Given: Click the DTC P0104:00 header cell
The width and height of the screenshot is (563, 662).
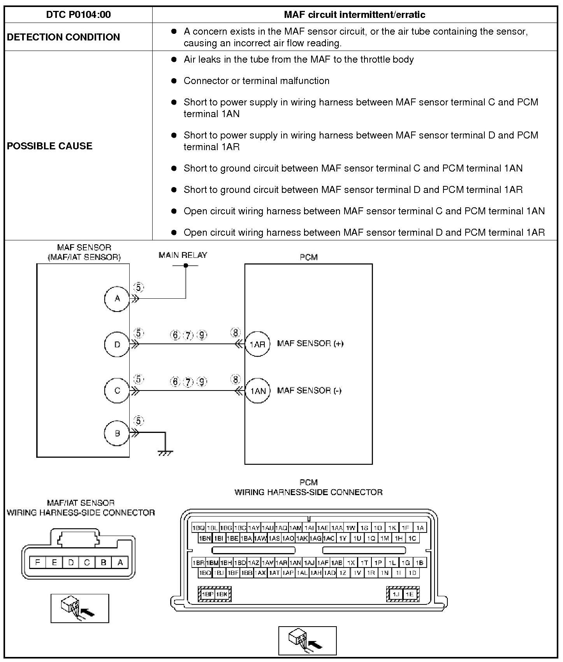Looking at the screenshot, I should click(78, 15).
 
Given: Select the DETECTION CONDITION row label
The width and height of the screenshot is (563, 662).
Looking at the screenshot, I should click(63, 37).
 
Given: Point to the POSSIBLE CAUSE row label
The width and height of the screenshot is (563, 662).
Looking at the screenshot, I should click(50, 146).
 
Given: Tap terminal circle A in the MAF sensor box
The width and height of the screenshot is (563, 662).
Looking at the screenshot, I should click(117, 299).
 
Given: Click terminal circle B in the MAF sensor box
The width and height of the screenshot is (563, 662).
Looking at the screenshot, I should click(117, 433).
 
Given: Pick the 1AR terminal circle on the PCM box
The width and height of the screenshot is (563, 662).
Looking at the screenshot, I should click(257, 344).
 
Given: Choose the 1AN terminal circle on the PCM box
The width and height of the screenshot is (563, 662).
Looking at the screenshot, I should click(257, 391).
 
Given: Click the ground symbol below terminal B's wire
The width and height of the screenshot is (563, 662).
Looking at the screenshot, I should click(165, 452).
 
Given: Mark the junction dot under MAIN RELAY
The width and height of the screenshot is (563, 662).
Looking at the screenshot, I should click(186, 266).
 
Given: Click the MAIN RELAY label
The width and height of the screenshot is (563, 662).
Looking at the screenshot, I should click(183, 255).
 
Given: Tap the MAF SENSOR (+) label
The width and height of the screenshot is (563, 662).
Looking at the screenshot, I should click(310, 343).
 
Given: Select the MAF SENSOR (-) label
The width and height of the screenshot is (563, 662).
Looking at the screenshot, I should click(309, 391).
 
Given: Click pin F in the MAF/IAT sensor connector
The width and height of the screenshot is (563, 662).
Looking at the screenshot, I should click(38, 562).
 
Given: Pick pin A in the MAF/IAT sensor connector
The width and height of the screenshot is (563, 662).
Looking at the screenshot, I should click(120, 562).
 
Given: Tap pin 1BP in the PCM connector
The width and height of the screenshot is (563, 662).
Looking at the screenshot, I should click(208, 594).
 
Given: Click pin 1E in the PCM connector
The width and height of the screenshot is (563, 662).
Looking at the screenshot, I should click(410, 594).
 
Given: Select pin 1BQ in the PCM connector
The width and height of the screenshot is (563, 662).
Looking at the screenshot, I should click(199, 528).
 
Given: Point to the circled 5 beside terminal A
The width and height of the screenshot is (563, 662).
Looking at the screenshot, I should click(139, 287).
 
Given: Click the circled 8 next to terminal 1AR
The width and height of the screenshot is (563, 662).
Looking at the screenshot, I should click(236, 333).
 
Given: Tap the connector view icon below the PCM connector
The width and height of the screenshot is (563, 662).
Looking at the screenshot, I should click(307, 641).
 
